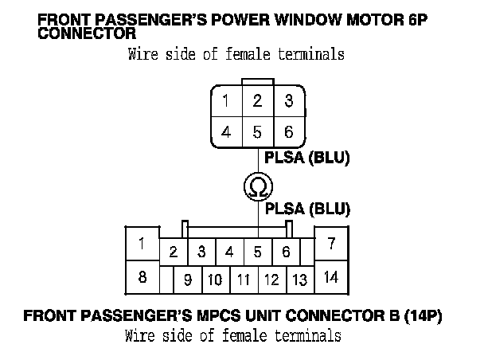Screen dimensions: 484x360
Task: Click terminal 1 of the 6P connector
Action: pos(226,102)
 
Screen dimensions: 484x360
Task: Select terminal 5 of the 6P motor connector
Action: pos(257,132)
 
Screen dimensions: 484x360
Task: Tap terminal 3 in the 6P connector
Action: pos(288,102)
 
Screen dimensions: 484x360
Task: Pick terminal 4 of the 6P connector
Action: pos(226,132)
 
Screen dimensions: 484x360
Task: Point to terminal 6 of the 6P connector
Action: pos(288,132)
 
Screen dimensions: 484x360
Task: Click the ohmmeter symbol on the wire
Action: pos(257,187)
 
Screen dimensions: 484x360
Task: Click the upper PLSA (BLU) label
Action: pos(307,158)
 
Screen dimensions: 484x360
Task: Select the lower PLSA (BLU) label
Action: pos(307,209)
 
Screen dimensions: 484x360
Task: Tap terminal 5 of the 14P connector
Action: pos(258,252)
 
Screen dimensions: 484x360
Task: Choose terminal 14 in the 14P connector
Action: pos(331,278)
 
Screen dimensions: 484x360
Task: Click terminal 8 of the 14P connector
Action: pos(142,278)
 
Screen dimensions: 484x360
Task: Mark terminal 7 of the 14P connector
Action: pos(331,244)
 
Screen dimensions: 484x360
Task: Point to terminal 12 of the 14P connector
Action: pos(271,280)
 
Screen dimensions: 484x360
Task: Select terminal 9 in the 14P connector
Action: pos(188,280)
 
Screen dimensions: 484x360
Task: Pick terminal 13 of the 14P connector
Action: pos(299,280)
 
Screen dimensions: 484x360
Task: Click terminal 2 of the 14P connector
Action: pos(173,252)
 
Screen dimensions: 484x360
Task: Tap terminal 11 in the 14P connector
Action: pos(244,280)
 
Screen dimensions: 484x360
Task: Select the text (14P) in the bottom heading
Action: pos(425,315)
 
